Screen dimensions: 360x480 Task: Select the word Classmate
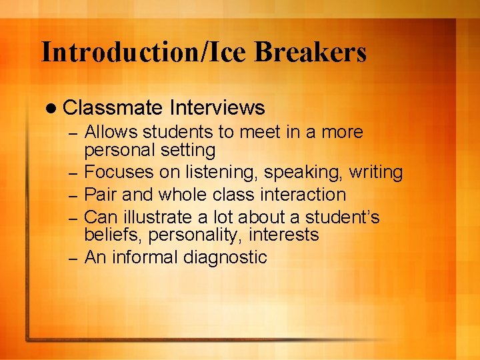click(x=113, y=107)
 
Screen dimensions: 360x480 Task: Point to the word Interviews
click(x=217, y=107)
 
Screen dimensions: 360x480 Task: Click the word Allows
click(x=111, y=132)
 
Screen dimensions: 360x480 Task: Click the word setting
click(x=189, y=150)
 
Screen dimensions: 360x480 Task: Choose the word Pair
click(x=101, y=195)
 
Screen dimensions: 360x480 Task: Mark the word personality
click(x=193, y=235)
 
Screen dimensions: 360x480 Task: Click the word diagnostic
click(x=224, y=257)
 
